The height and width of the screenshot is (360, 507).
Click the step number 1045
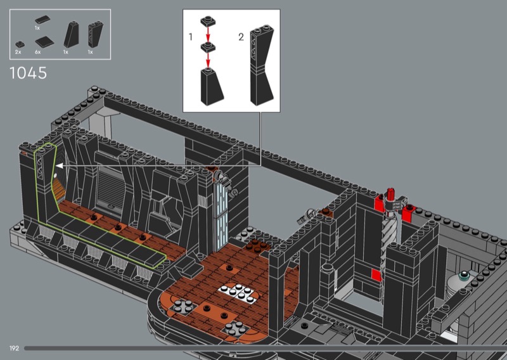click(28, 73)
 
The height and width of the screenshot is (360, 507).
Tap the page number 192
click(14, 349)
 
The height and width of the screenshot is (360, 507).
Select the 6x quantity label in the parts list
click(38, 52)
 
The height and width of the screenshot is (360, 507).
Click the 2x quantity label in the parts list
click(18, 52)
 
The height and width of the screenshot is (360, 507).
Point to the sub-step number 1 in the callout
click(191, 37)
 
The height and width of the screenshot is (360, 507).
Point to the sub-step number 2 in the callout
click(241, 37)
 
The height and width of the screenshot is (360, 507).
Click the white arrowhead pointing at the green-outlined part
click(60, 166)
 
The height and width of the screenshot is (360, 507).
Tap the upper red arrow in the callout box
click(208, 34)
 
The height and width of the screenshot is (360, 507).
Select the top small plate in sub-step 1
click(208, 22)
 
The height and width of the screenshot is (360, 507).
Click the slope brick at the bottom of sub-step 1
click(212, 87)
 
